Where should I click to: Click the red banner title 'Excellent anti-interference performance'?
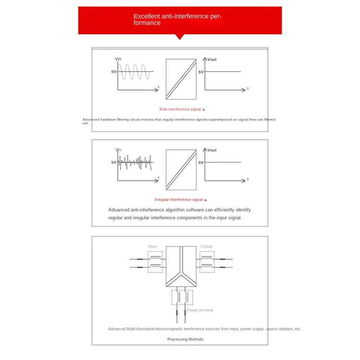(x=178, y=19)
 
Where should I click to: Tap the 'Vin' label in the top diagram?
(x=118, y=59)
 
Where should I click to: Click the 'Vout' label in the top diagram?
(x=211, y=59)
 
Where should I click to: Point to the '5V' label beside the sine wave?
(x=113, y=72)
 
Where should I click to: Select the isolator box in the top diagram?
(x=181, y=79)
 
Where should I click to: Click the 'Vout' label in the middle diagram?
(x=211, y=150)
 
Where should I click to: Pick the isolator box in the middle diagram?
(x=181, y=169)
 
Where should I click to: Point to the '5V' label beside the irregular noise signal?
(x=113, y=162)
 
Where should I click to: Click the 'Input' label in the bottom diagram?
(x=153, y=247)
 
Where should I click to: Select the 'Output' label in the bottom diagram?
(x=207, y=247)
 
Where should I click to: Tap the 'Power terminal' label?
(x=200, y=310)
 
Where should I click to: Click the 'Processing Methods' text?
(x=185, y=339)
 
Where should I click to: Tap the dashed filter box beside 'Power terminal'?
(x=182, y=298)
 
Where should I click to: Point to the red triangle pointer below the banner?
(x=180, y=37)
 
